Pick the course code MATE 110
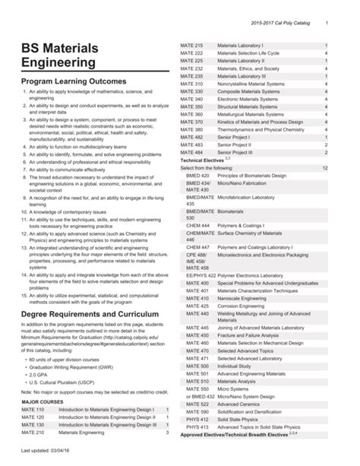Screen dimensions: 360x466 [x=33, y=409]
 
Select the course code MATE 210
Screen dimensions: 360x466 [x=33, y=432]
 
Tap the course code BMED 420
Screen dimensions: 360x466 [x=197, y=174]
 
